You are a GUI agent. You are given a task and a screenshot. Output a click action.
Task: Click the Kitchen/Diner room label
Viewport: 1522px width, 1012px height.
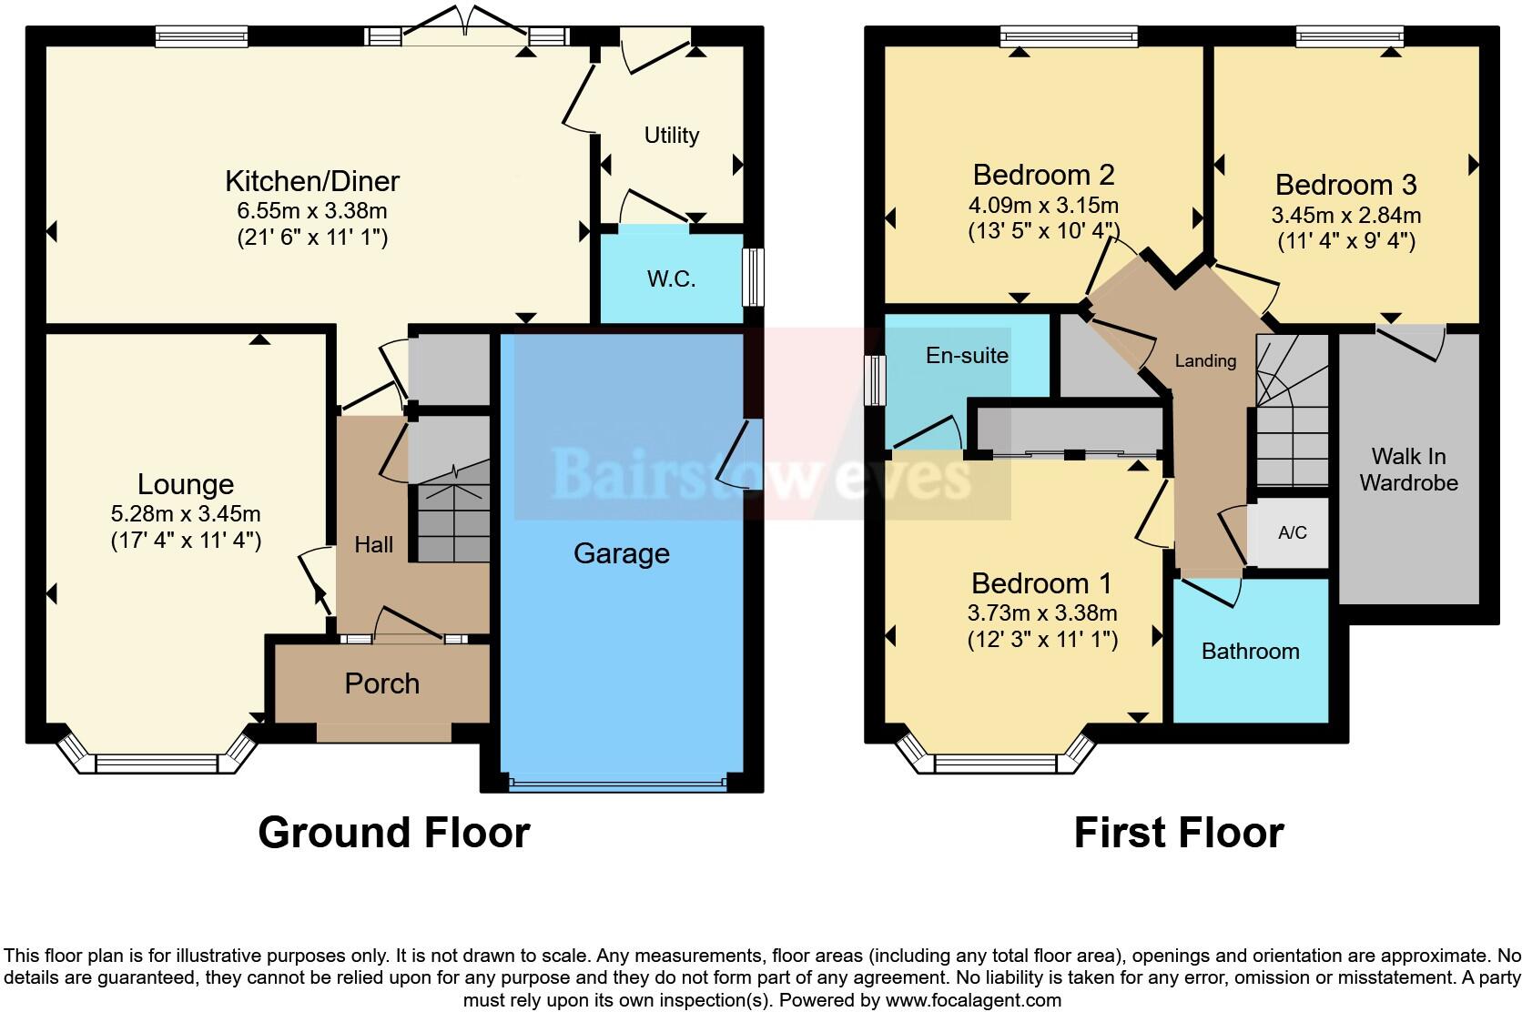312,181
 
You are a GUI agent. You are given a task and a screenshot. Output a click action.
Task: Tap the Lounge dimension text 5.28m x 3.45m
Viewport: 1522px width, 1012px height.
186,514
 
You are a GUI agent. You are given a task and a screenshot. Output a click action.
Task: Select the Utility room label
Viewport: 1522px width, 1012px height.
672,136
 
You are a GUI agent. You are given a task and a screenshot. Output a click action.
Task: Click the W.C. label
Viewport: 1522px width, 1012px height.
672,279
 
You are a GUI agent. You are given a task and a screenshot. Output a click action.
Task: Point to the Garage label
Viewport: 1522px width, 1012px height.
622,553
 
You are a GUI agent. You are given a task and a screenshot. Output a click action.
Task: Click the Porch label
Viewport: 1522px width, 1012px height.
381,683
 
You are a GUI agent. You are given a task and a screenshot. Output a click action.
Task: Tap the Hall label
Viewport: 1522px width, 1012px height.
373,544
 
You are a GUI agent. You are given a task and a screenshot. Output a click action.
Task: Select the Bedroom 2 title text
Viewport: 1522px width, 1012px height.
1043,174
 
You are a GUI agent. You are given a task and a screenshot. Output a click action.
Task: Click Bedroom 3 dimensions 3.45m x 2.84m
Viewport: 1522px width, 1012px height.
1345,216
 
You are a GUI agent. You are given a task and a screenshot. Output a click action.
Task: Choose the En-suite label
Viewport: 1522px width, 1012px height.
967,355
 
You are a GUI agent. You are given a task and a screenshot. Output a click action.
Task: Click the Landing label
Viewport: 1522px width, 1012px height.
1205,360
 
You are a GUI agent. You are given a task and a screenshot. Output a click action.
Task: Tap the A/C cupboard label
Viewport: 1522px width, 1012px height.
1292,532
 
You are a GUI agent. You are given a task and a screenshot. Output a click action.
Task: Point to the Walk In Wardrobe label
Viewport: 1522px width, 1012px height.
1408,469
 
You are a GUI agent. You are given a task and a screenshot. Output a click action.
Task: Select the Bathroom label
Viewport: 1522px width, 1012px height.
1250,651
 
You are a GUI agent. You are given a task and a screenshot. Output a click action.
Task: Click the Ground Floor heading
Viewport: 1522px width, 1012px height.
393,832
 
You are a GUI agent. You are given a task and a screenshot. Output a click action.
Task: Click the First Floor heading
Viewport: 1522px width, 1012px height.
1179,832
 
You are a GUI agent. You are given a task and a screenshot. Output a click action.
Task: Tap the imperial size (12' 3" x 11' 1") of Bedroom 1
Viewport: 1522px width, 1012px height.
1042,640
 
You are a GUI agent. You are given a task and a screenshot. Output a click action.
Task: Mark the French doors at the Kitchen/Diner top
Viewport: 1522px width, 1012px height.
465,27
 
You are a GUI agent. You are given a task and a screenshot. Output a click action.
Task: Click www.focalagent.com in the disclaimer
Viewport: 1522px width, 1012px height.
973,1000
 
